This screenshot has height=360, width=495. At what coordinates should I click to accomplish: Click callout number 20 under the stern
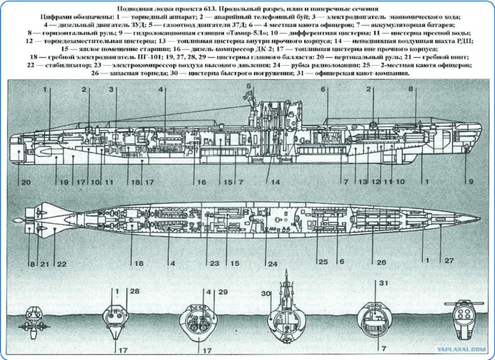(25, 182)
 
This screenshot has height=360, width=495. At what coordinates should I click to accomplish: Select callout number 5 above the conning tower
(249, 86)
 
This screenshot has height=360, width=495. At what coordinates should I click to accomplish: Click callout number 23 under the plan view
(211, 263)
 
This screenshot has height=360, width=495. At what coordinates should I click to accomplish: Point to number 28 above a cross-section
(134, 291)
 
